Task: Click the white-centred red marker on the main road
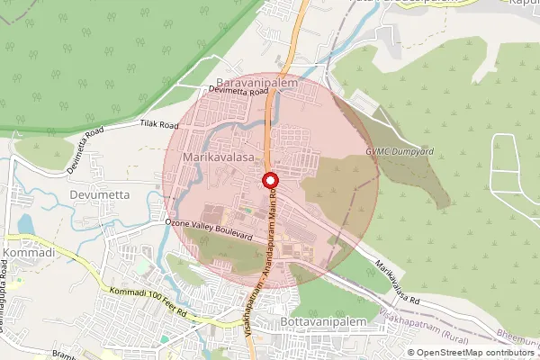pos(269,181)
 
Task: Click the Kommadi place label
pos(29,254)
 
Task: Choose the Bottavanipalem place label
pos(319,322)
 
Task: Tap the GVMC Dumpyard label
pos(400,152)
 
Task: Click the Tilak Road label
pos(157,124)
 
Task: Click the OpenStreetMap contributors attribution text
pos(474,352)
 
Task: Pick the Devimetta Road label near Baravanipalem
pos(238,92)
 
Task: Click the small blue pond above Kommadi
pos(24,222)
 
